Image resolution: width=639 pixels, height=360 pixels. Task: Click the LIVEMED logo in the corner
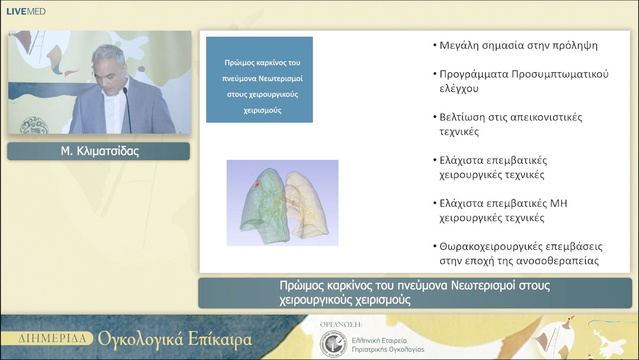(25, 11)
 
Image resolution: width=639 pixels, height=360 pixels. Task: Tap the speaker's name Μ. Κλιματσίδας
(98, 152)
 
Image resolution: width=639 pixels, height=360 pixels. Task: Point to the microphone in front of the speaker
(126, 107)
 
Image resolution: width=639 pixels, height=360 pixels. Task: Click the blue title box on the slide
(259, 79)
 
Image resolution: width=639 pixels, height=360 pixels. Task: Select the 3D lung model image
(282, 202)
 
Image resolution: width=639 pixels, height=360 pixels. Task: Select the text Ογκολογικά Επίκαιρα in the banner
(175, 339)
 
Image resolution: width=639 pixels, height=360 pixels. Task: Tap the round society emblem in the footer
(333, 343)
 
